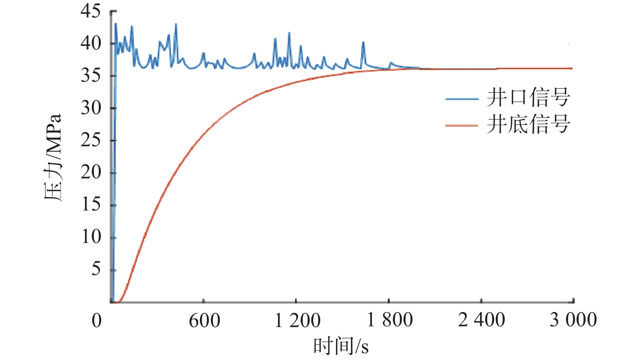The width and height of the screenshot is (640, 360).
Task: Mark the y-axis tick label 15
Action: [x=91, y=204]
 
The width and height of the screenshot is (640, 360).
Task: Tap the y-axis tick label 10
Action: [x=91, y=236]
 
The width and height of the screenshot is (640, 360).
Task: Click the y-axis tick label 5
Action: [x=96, y=269]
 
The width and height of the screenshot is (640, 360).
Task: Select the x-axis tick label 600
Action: [x=204, y=321]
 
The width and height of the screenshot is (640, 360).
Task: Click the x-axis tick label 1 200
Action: [x=297, y=321]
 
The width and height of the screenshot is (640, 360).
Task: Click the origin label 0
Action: [x=97, y=321]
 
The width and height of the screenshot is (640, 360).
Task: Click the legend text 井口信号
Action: [x=528, y=98]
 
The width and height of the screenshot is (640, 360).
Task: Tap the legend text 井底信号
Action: [x=528, y=124]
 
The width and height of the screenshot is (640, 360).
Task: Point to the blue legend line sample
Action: [x=462, y=99]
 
